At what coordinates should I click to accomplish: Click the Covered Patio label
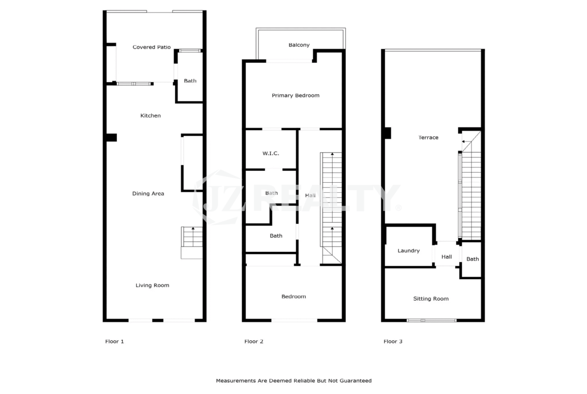[x=152, y=47]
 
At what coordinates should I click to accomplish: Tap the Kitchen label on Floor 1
[x=151, y=116]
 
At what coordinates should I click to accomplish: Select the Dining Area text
[x=148, y=194]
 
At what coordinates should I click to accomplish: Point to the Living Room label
[x=153, y=286]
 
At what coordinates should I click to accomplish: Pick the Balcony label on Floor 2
[x=299, y=45]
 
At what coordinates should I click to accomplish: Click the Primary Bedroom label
[x=296, y=95]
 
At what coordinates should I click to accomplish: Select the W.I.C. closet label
[x=270, y=153]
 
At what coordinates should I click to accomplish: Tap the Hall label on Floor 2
[x=311, y=195]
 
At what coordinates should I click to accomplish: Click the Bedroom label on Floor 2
[x=294, y=297]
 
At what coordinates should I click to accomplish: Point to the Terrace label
[x=428, y=138]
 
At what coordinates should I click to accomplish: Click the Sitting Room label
[x=431, y=299]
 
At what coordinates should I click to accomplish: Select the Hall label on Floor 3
[x=447, y=257]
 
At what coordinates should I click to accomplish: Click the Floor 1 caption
[x=114, y=342]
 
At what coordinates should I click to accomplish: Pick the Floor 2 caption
[x=254, y=342]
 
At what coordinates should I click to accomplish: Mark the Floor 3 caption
[x=393, y=342]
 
